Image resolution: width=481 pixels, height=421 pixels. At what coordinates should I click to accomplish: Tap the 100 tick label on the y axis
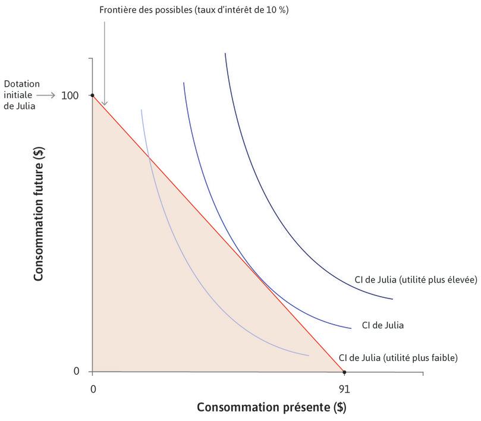pos(70,95)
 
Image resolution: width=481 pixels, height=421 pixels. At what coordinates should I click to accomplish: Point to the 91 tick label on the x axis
pos(344,389)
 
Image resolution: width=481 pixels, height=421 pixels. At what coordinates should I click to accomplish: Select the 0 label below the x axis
pos(92,389)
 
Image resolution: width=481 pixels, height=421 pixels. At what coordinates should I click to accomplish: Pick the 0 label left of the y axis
pos(76,372)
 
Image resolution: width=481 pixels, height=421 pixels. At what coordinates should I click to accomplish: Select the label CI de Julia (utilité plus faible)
pos(398,357)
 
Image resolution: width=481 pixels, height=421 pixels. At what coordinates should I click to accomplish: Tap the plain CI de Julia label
pos(383,325)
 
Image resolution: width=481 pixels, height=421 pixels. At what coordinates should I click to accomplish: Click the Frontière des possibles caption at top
pos(194,10)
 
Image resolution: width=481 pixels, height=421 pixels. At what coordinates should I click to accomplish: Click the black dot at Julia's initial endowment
pos(92,95)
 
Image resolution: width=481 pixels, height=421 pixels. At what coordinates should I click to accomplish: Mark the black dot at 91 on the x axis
pos(344,372)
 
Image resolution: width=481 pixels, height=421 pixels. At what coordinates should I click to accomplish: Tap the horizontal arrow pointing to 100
pos(47,95)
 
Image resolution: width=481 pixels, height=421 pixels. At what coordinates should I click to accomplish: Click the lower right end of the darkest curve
pos(392,299)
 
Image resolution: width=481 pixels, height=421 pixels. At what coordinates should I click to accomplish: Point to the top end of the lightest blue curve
pos(141,110)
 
